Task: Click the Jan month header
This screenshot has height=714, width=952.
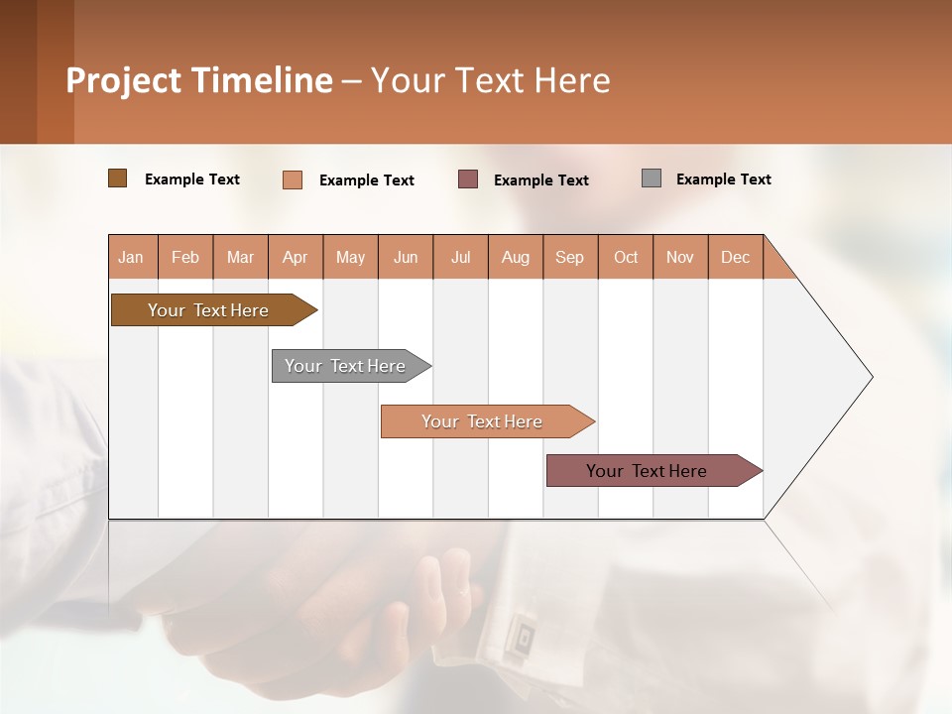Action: (x=132, y=257)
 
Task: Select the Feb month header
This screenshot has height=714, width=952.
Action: (x=185, y=257)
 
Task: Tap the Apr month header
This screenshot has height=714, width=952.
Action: (x=296, y=257)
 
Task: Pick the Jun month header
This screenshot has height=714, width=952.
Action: (x=406, y=257)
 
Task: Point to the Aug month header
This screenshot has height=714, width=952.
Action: (x=516, y=257)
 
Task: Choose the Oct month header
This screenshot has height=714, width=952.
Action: (x=626, y=257)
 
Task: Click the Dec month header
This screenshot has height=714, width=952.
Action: (x=735, y=257)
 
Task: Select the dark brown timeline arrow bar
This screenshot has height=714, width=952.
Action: (x=208, y=310)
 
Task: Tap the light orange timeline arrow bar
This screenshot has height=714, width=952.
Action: (x=483, y=421)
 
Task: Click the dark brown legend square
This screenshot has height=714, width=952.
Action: (x=117, y=178)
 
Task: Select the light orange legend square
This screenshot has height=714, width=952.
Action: (x=293, y=179)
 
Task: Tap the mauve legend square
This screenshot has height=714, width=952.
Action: (x=468, y=178)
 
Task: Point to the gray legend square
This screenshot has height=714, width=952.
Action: (x=652, y=178)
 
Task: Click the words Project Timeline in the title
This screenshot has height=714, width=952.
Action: (x=198, y=80)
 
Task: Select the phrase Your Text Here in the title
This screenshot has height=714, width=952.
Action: (x=491, y=80)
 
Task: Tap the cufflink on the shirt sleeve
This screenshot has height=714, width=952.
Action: (x=519, y=636)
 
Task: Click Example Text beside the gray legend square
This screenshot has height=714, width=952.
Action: (x=723, y=179)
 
